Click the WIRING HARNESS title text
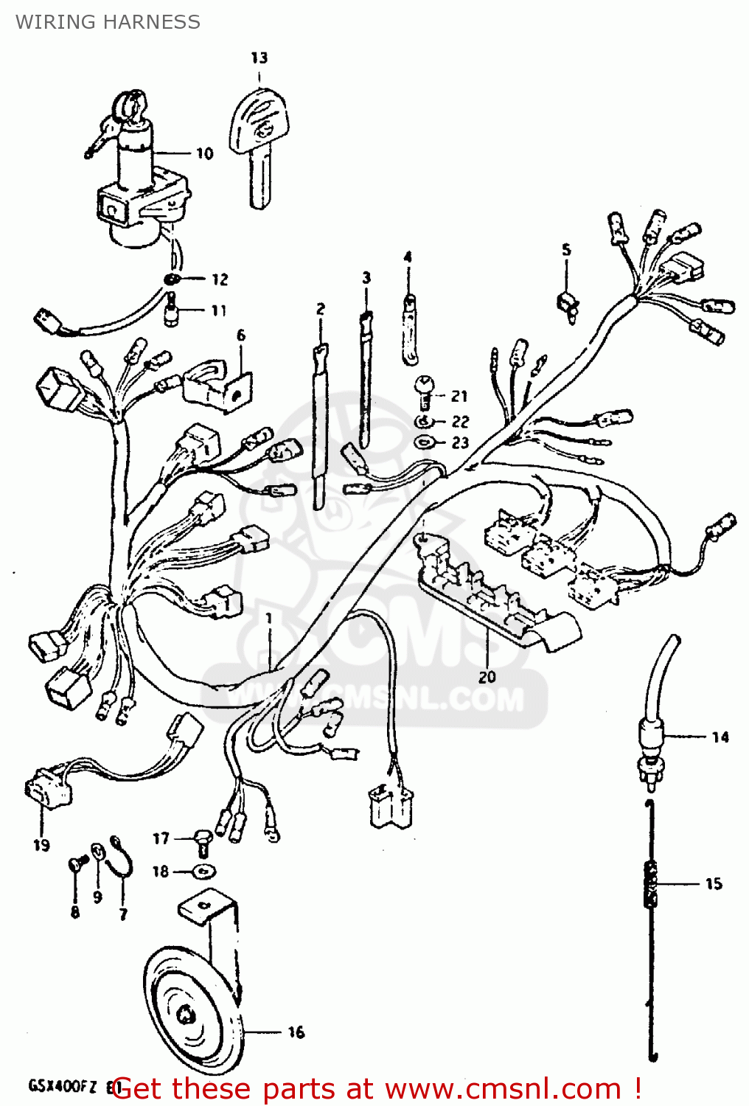[x=108, y=22]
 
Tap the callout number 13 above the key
[x=259, y=58]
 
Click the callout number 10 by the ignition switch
[x=204, y=153]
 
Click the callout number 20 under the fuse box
[x=487, y=676]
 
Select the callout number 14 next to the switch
[x=720, y=737]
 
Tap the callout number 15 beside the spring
[x=714, y=883]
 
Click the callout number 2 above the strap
[x=321, y=309]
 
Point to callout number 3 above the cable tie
[x=366, y=278]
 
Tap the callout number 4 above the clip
[x=408, y=257]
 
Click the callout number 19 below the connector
[x=41, y=845]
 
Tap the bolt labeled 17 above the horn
[x=203, y=839]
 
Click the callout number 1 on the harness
[x=269, y=618]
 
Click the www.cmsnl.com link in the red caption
[x=503, y=1089]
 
